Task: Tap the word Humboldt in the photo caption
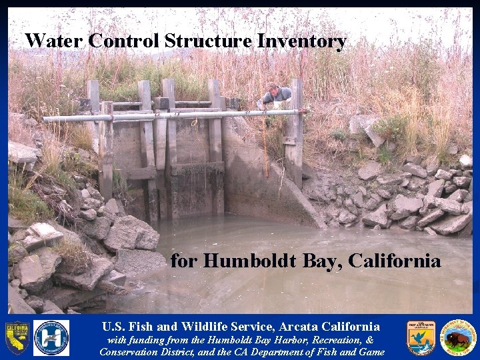[244, 261]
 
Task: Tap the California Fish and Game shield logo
[17, 337]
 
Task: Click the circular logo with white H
[51, 337]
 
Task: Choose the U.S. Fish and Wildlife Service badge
[421, 337]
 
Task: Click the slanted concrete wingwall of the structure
[280, 187]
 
